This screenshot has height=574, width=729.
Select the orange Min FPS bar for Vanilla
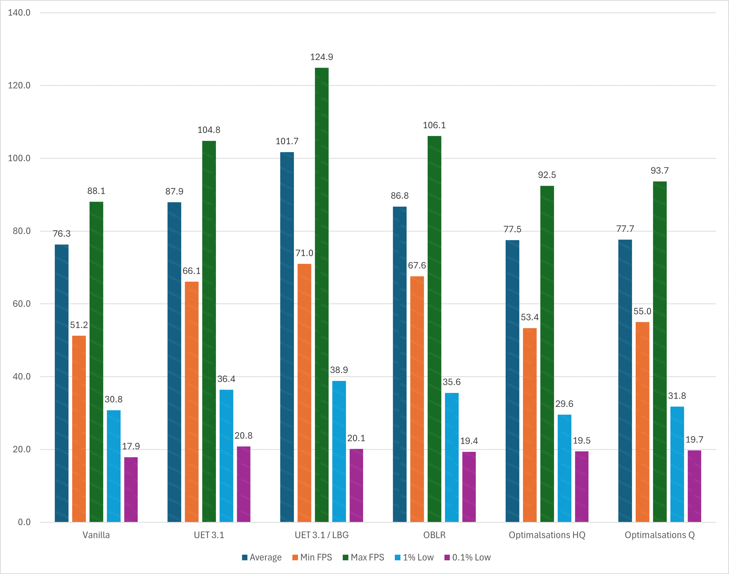pos(79,429)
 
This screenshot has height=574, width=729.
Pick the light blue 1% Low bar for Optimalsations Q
pos(677,464)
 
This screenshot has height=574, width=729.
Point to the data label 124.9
pos(321,57)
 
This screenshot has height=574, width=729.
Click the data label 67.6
pos(417,265)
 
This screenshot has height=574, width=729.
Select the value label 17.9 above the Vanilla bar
pos(131,446)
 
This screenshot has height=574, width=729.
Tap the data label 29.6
pos(564,404)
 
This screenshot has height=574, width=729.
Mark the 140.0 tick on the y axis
pos(19,13)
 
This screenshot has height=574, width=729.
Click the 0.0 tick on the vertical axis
pos(24,522)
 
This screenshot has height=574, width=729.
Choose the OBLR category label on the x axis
pos(434,535)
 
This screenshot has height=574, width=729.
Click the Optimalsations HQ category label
pos(547,535)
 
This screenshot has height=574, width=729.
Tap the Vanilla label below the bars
pos(96,535)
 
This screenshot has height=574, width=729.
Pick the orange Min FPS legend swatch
pos(295,558)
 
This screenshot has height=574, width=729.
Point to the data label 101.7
pos(287,141)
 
